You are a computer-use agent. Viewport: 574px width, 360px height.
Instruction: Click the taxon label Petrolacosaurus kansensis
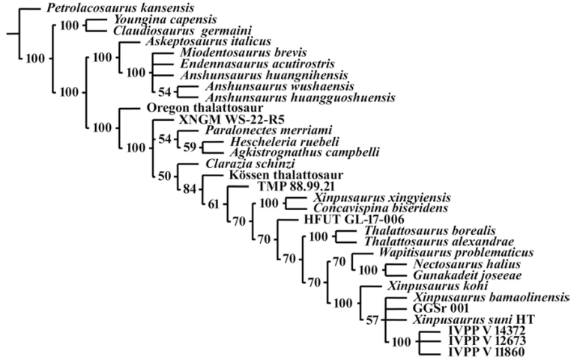106,9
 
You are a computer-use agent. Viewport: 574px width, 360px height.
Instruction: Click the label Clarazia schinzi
246,163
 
